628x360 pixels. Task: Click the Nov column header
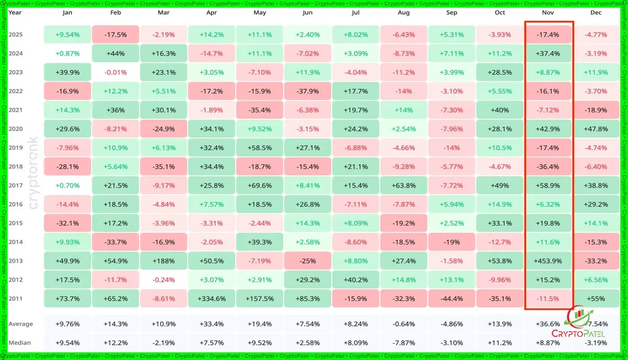pos(548,13)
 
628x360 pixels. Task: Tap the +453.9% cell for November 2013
pos(548,261)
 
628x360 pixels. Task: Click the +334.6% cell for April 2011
pos(211,299)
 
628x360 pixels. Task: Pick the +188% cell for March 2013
pos(164,261)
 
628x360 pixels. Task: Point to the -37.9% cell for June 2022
pos(308,91)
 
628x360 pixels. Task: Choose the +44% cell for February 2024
pos(115,53)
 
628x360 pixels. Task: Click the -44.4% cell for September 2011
pos(452,299)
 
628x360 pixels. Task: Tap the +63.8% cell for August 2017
pos(403,186)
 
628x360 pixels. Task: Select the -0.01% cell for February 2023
pos(115,72)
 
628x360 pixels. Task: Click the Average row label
pos(20,324)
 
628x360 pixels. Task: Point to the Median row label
pos(19,343)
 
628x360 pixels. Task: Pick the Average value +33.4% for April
pos(211,324)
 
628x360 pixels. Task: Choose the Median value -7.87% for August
pos(403,343)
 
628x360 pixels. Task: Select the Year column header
pos(15,13)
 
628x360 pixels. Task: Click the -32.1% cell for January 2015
pos(68,223)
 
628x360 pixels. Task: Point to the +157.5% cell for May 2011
pos(260,299)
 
